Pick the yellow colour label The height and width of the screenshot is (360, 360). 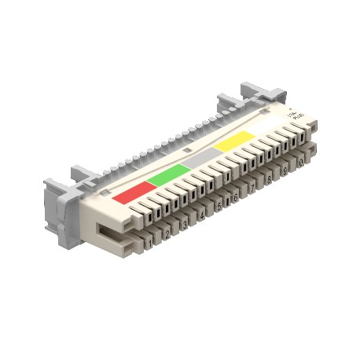235,142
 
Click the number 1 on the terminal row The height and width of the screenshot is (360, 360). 149,244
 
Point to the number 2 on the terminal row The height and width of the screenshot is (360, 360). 167,235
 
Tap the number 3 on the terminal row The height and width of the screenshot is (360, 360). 185,226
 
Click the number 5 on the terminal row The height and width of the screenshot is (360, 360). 219,208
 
